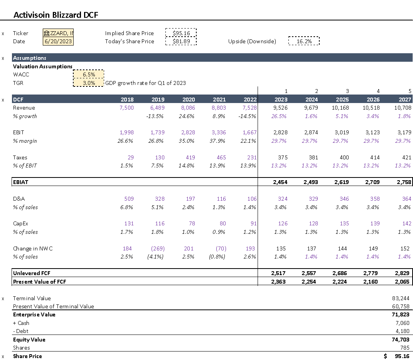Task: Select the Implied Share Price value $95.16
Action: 181,33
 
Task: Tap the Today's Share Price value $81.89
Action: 181,41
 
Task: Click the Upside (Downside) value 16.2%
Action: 304,41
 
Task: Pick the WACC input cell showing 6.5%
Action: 89,74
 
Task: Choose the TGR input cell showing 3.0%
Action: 89,83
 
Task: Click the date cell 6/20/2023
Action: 58,41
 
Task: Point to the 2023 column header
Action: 280,99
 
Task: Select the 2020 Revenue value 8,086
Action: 188,108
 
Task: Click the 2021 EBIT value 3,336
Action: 219,132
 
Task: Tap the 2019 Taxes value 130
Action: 160,157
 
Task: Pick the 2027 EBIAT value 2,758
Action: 404,182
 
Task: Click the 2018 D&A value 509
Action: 129,199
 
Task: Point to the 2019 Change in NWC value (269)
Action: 158,248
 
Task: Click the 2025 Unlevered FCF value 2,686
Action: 341,273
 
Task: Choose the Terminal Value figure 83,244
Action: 401,298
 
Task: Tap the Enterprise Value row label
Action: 34,314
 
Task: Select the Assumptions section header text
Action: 30,58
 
